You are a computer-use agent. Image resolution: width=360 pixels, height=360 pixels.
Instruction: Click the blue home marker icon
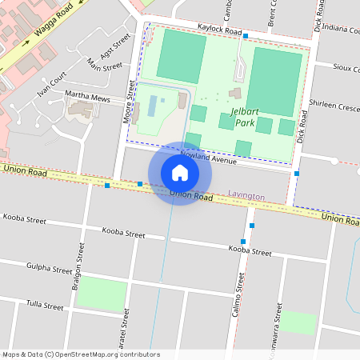pyautogui.click(x=180, y=173)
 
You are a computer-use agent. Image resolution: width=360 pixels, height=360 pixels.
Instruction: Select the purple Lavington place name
pyautogui.click(x=246, y=194)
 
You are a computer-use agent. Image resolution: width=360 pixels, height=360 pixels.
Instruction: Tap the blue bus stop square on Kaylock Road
pyautogui.click(x=246, y=36)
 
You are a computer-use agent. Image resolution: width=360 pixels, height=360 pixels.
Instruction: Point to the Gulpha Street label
pyautogui.click(x=50, y=268)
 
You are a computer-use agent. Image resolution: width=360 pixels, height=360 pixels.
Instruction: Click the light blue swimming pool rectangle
pyautogui.click(x=152, y=106)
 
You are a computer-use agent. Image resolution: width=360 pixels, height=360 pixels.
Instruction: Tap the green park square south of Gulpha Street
pyautogui.click(x=101, y=294)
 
